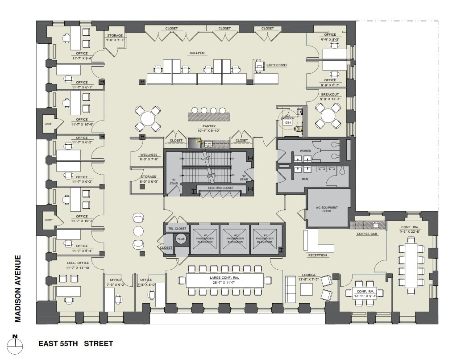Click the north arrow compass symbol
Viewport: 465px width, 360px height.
click(x=15, y=343)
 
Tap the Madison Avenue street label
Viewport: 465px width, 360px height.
click(x=18, y=288)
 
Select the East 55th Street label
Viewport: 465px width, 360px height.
click(x=75, y=343)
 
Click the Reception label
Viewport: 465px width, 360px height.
click(x=317, y=255)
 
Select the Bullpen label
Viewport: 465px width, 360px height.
click(x=196, y=53)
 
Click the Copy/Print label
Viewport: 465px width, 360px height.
click(x=277, y=65)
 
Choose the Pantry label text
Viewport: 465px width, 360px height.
click(x=209, y=127)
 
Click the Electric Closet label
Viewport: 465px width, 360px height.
click(x=221, y=188)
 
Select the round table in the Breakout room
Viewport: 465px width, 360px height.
click(x=328, y=116)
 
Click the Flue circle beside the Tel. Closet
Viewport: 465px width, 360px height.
click(x=181, y=239)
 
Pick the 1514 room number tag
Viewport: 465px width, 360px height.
click(x=288, y=122)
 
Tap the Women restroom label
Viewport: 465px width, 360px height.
click(x=305, y=151)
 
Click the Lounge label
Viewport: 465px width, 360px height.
click(x=308, y=275)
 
